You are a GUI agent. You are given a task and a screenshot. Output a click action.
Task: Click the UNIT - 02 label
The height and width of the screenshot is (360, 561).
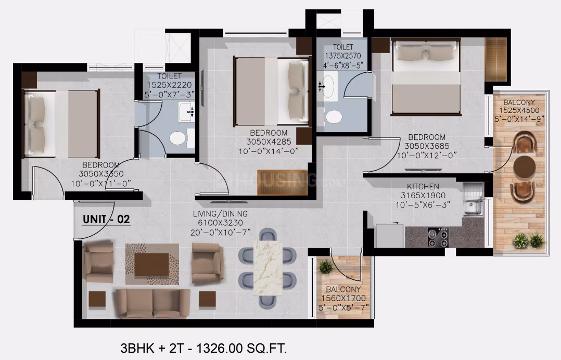[106, 219]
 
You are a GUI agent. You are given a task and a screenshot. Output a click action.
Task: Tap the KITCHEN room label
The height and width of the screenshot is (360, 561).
[423, 187]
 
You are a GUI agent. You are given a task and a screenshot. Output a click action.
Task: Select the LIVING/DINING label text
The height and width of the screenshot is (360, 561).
[221, 214]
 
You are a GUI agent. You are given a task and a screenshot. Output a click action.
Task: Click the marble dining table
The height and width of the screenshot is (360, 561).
[267, 268]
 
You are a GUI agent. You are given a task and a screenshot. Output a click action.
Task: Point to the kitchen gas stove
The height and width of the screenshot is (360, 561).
[438, 237]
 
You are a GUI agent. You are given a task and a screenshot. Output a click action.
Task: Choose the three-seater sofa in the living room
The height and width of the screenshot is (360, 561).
[153, 303]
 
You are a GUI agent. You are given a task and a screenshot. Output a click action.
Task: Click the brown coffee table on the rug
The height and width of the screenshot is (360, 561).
[152, 265]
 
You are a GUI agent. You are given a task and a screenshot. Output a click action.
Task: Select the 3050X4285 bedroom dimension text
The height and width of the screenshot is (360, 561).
[269, 142]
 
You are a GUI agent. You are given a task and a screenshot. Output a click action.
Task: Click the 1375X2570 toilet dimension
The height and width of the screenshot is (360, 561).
[343, 56]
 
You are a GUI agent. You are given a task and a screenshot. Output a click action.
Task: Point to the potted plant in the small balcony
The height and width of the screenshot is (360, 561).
[326, 267]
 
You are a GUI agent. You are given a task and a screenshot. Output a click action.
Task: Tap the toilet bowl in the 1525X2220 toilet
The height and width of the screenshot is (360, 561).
[178, 138]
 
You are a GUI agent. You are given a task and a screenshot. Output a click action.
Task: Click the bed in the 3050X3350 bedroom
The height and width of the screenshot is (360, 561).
[61, 124]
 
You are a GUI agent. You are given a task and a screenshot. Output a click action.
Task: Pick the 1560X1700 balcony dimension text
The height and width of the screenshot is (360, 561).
[343, 299]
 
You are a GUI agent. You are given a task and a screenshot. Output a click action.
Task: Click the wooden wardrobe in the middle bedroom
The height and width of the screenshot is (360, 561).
[283, 182]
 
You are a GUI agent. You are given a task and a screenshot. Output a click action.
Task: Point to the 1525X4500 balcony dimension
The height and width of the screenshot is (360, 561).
[519, 110]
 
